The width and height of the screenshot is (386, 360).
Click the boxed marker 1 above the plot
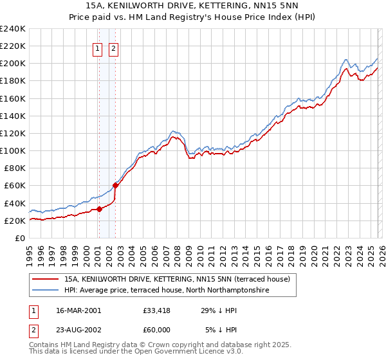pos(98,48)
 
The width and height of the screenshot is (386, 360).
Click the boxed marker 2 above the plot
pos(114,48)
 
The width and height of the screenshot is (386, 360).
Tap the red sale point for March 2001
pos(99,208)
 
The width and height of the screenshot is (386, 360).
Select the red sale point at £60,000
pos(115,185)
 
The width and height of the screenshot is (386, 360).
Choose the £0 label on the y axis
pos(19,238)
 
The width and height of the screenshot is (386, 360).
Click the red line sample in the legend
pos(47,279)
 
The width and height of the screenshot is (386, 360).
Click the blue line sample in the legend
pos(47,290)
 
